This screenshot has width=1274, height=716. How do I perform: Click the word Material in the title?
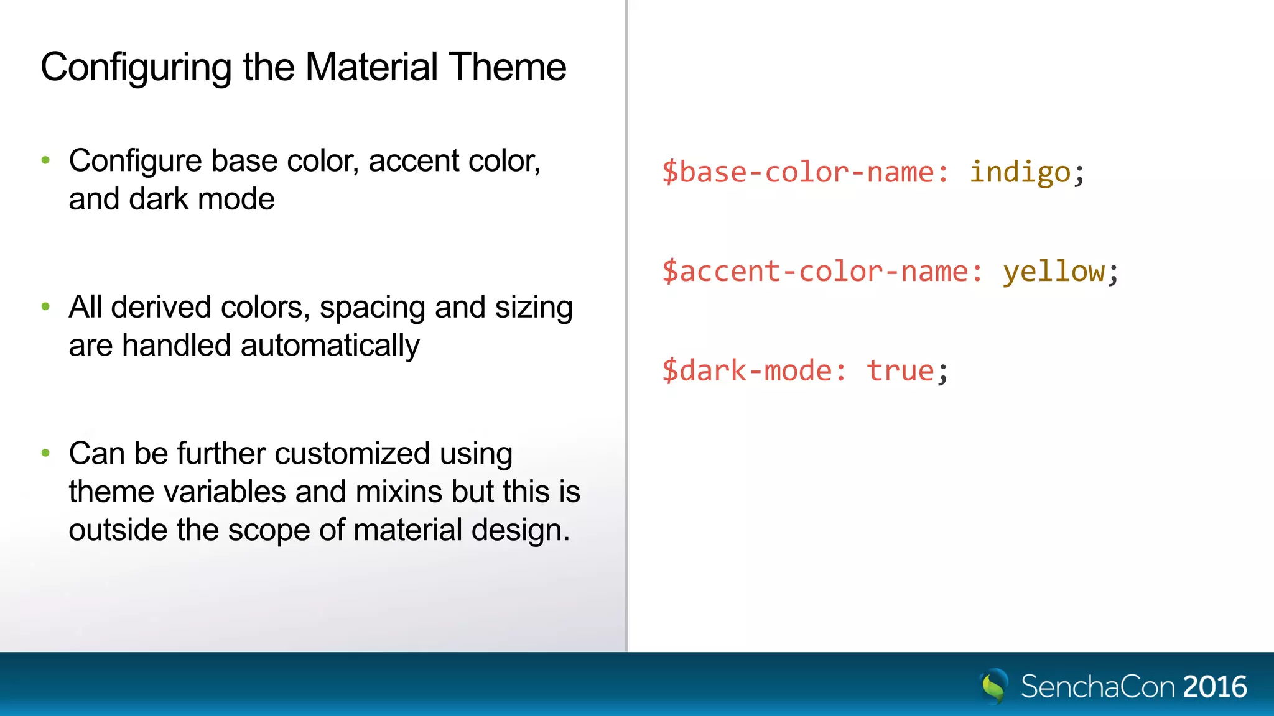click(x=371, y=67)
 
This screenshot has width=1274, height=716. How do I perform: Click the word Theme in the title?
click(x=507, y=67)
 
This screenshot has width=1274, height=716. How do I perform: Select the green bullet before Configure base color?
click(x=45, y=160)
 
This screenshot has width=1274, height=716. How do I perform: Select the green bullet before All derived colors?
click(x=45, y=306)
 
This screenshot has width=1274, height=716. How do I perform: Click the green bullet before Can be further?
click(x=45, y=452)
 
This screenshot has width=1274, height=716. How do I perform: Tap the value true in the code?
click(x=900, y=371)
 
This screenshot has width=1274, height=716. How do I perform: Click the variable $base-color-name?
click(x=804, y=172)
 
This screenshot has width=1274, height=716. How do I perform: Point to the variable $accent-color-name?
click(x=821, y=272)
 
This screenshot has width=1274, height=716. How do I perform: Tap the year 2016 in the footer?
click(x=1214, y=687)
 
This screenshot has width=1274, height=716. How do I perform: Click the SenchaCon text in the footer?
click(x=1097, y=687)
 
